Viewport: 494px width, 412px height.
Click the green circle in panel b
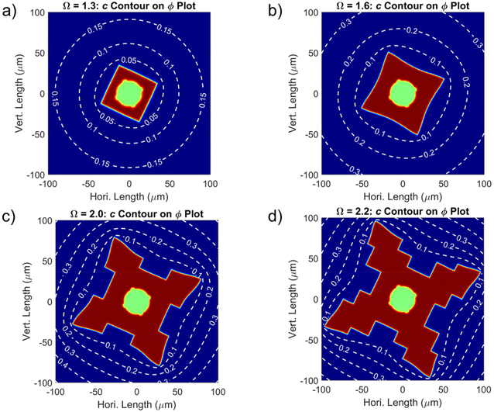click(x=401, y=93)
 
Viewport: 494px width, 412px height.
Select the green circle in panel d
click(x=402, y=299)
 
